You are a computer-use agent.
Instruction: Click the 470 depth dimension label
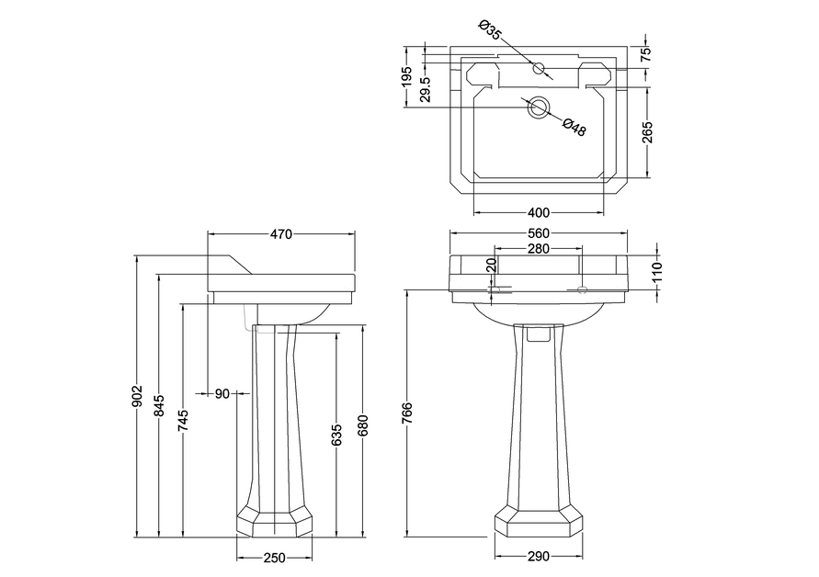pos(280,234)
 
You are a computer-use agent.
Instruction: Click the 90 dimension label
pos(222,394)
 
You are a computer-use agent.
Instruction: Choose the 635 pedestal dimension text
pos(337,436)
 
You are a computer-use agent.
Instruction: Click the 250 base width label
pos(274,557)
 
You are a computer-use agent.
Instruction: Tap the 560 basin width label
pos(538,234)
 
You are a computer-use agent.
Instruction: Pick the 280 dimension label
pos(538,249)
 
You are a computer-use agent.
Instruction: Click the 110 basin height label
pos(656,271)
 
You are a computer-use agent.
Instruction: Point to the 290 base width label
pos(538,557)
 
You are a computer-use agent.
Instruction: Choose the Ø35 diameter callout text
pos(491,30)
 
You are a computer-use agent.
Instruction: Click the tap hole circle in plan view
pos(538,68)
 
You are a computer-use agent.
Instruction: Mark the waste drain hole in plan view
pos(538,107)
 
